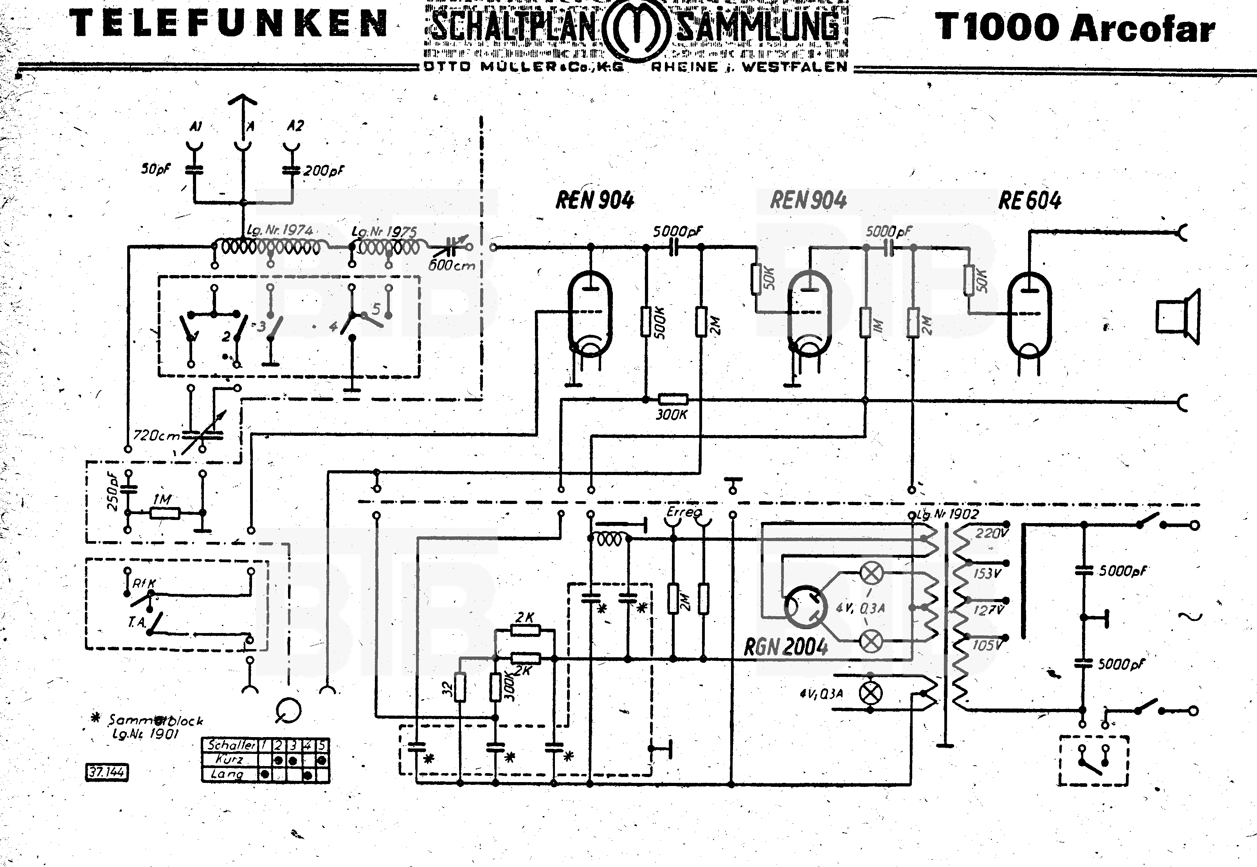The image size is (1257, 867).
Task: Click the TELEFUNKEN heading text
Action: (229, 24)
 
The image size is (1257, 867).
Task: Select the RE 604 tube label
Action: (1029, 201)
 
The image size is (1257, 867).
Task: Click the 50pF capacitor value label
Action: (155, 169)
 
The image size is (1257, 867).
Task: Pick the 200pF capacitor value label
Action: (324, 171)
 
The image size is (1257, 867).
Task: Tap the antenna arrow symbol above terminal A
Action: (242, 101)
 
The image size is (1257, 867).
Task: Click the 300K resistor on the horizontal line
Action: (672, 400)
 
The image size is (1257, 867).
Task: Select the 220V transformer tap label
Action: (991, 533)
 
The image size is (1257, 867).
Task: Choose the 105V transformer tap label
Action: (987, 646)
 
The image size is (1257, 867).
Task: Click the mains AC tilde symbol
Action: (1190, 617)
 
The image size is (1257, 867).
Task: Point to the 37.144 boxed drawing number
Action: (107, 772)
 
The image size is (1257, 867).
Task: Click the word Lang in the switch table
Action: (227, 774)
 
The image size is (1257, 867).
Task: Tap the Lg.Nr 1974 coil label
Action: (280, 230)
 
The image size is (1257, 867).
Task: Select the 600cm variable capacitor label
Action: (451, 266)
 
